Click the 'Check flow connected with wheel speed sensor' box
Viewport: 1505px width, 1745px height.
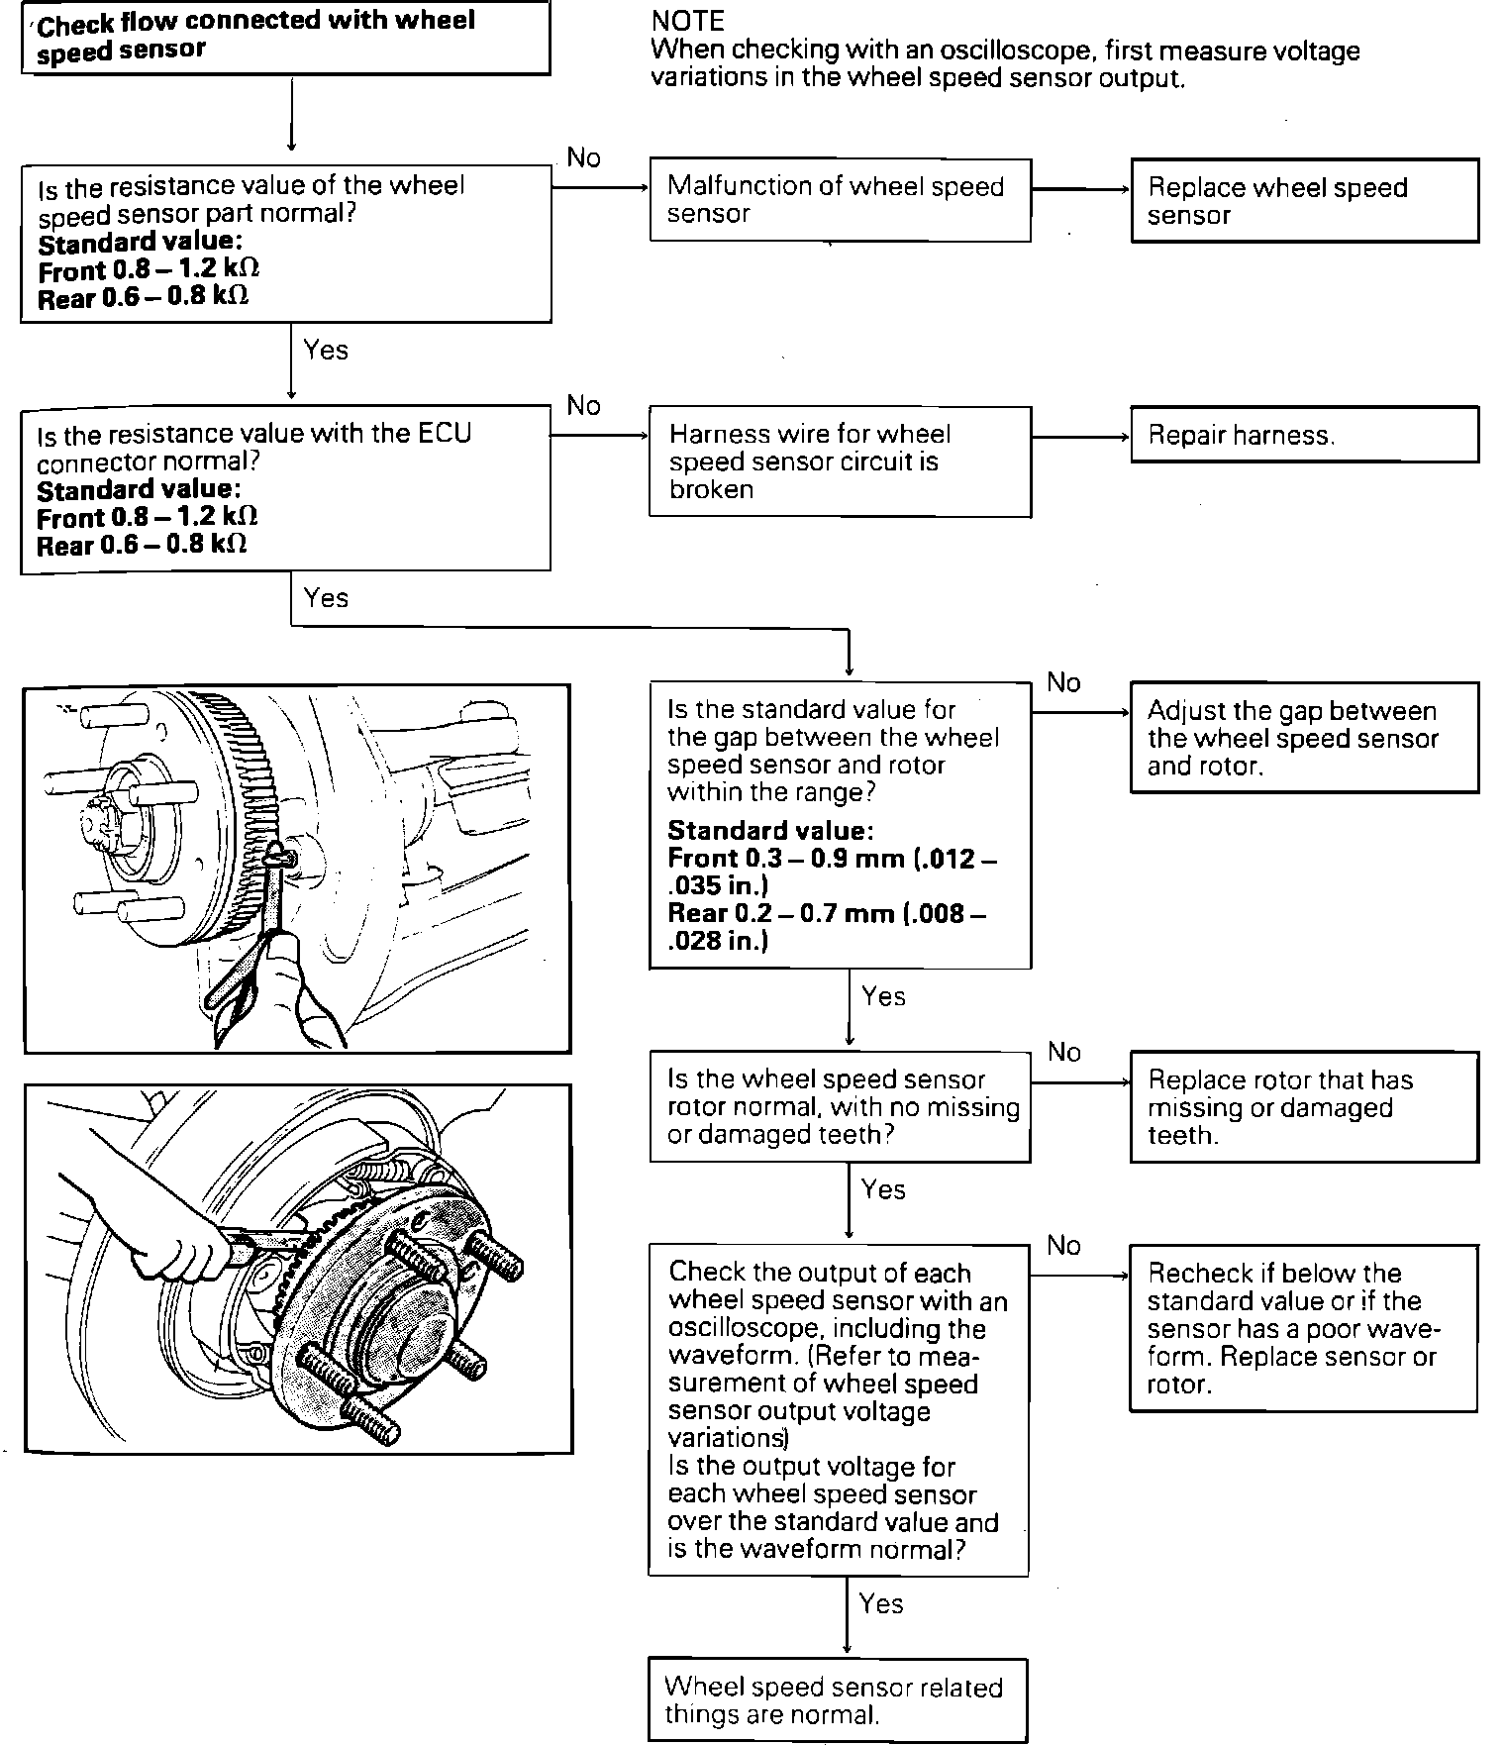pos(285,37)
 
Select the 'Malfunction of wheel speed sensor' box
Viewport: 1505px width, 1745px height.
pos(840,199)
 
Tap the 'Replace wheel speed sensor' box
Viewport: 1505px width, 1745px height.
pos(1304,200)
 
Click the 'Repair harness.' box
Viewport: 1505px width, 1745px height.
pos(1304,434)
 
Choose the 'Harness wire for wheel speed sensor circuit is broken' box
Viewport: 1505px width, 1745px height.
pos(840,461)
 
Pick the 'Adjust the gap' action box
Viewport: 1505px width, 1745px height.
pos(1304,737)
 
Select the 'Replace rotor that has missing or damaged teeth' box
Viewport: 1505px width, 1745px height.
pos(1304,1106)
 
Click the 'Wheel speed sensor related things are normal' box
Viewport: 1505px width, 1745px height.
pos(838,1699)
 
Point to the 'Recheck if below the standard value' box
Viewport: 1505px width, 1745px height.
pos(1303,1327)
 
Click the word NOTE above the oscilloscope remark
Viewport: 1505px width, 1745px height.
pos(688,21)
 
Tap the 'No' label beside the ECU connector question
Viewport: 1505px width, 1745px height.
pos(584,405)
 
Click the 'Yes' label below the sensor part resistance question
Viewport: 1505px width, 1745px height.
pos(326,350)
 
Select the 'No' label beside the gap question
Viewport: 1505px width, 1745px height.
pos(1063,682)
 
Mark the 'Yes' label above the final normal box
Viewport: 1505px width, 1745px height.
pos(881,1603)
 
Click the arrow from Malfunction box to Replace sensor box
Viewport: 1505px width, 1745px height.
pos(1080,188)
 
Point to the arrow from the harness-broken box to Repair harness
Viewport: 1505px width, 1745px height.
pos(1080,436)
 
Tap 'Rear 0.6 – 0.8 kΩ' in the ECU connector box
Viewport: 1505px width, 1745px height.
pos(143,545)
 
